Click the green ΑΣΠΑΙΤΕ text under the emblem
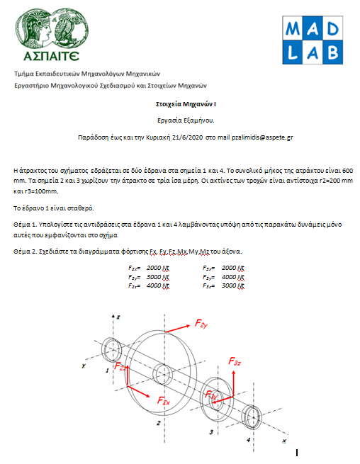[51, 56]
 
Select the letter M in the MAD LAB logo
[293, 29]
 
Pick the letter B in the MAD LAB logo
[333, 52]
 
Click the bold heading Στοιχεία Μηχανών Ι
[186, 104]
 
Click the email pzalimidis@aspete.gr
[262, 137]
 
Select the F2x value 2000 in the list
[154, 268]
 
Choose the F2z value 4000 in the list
[154, 285]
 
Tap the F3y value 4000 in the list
[229, 277]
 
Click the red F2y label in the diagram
[201, 324]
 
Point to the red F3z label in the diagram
[235, 361]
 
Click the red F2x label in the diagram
[164, 401]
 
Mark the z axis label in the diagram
[118, 317]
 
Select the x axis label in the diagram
[284, 441]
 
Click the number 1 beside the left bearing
[107, 370]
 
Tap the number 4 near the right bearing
[249, 440]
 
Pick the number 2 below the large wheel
[159, 423]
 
